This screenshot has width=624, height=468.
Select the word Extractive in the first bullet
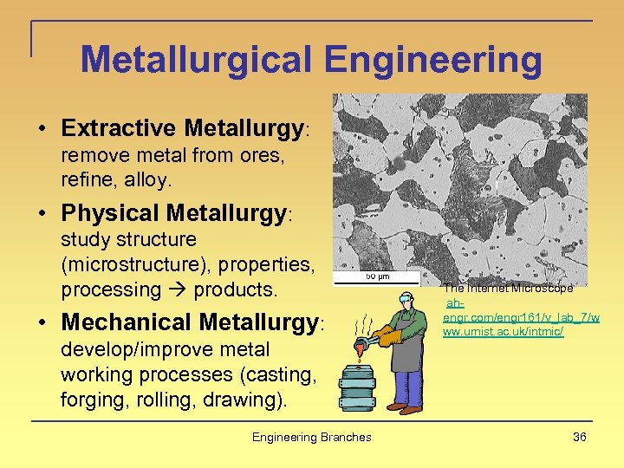pos(119,128)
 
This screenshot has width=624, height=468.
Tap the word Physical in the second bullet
pos(110,212)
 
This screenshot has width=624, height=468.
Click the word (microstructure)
pos(124,264)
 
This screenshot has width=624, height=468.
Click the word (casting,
pos(281,374)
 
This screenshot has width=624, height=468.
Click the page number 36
pos(579,437)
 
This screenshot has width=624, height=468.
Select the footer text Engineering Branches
pos(311,437)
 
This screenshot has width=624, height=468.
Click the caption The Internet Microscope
pos(508,288)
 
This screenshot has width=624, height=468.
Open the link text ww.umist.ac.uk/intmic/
pos(503,333)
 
